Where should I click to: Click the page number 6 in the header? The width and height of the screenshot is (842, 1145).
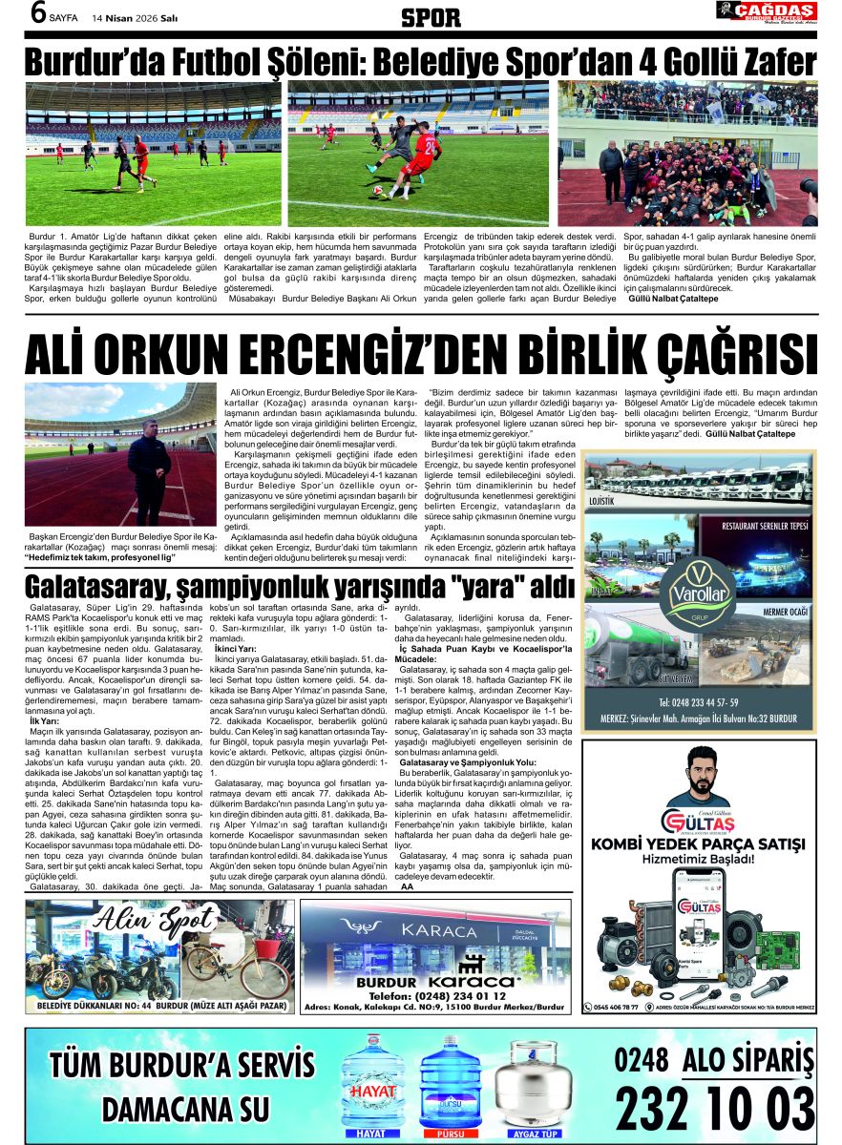(x=37, y=14)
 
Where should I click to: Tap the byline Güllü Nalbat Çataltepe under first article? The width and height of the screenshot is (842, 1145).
(x=673, y=299)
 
